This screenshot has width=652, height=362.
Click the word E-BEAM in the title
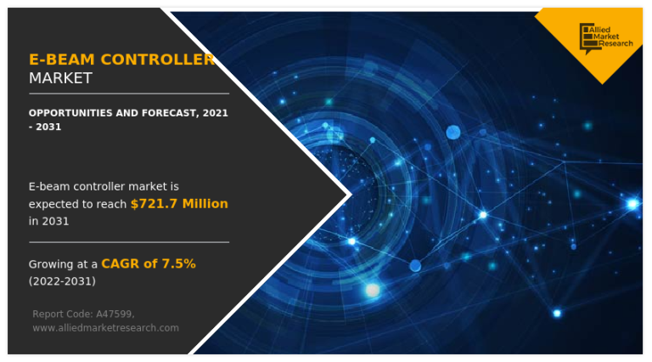(x=62, y=59)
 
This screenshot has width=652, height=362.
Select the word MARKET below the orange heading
(x=60, y=78)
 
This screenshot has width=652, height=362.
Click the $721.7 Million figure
(x=179, y=204)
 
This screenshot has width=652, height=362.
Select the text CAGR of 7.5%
(x=149, y=263)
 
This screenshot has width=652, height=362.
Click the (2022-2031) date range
(x=62, y=280)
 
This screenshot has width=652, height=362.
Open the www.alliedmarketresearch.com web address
(x=105, y=327)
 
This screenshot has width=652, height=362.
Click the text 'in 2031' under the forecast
(x=48, y=221)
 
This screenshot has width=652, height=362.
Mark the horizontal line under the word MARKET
(x=128, y=93)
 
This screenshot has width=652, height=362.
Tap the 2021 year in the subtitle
(x=216, y=112)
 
